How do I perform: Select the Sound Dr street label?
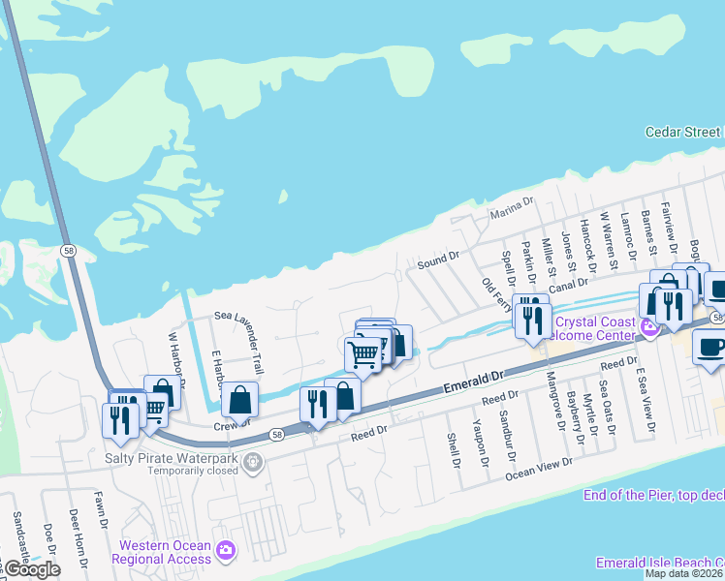pyautogui.click(x=437, y=260)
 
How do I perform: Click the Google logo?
pyautogui.click(x=31, y=569)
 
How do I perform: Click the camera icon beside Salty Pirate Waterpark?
pyautogui.click(x=253, y=464)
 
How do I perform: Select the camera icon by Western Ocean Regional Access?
pyautogui.click(x=226, y=551)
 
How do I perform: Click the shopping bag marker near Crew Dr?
pyautogui.click(x=239, y=399)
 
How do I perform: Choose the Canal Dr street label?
pyautogui.click(x=568, y=284)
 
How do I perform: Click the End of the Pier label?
pyautogui.click(x=654, y=496)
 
